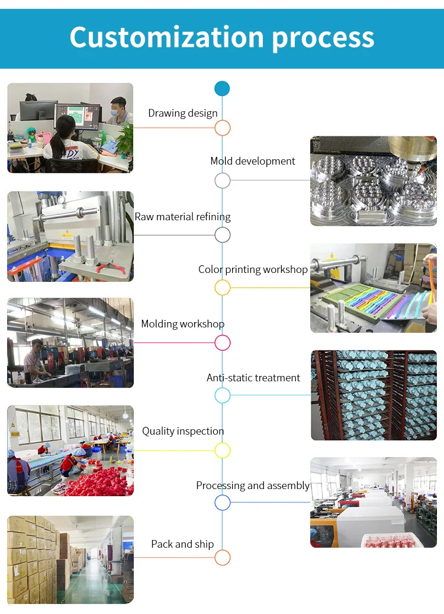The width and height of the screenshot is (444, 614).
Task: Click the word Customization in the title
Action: coord(166,37)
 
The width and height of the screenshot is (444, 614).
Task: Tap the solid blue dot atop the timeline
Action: coord(222,89)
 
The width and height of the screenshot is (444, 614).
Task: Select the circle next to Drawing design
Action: coord(222,128)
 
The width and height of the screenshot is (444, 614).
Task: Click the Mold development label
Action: coord(253,161)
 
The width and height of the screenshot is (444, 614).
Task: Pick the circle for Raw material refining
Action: coord(222,234)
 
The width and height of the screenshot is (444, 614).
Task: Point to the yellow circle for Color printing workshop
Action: coord(222,288)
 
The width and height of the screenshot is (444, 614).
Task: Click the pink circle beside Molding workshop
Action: coord(222,342)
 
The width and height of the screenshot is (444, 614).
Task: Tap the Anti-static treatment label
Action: coord(253,378)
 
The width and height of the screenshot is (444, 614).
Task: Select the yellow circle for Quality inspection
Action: coord(222,450)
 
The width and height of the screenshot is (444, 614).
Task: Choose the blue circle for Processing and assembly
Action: coord(222,503)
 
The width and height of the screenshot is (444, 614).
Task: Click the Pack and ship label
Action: coord(182,544)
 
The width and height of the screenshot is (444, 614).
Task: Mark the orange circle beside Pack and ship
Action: coord(222,557)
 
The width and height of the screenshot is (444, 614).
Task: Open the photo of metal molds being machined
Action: coord(373,181)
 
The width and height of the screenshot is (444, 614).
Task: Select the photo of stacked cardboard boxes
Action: coord(70,560)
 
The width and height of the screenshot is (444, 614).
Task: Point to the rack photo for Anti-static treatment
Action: coord(374,395)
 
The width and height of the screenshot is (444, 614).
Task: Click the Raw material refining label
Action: coord(182,217)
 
